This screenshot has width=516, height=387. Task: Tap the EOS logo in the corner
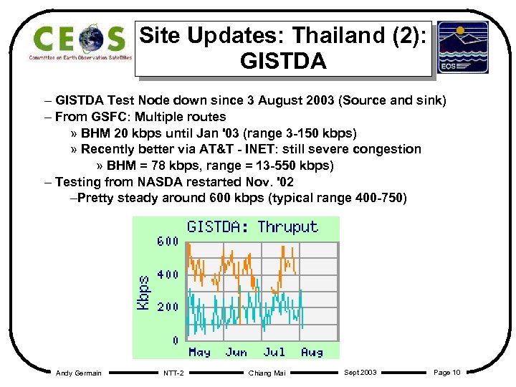(463, 47)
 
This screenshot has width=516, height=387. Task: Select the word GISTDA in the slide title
(284, 60)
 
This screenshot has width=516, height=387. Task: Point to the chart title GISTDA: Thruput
(252, 227)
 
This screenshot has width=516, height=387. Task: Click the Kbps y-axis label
(144, 293)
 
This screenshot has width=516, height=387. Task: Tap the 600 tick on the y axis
(168, 242)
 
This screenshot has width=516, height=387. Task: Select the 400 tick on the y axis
(168, 274)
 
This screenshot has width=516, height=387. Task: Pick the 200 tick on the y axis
(168, 307)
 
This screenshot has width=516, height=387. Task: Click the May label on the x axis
(199, 352)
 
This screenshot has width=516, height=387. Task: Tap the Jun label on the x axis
(236, 352)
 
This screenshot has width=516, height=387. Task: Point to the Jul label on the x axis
(274, 352)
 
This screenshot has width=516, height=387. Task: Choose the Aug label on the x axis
(312, 352)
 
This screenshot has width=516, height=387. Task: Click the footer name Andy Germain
(79, 373)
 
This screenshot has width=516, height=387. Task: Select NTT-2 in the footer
(173, 373)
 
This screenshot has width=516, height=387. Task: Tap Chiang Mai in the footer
(267, 373)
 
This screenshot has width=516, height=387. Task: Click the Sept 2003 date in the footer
(360, 372)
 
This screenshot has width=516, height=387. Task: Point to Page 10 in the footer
(447, 372)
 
